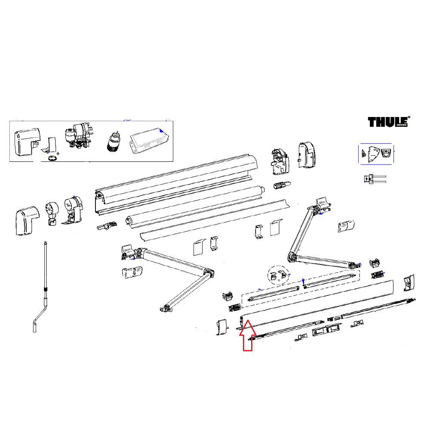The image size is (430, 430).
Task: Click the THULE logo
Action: click(x=388, y=122)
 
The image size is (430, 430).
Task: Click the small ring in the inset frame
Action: click(x=52, y=158)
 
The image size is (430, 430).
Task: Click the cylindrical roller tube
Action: click(x=193, y=206)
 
